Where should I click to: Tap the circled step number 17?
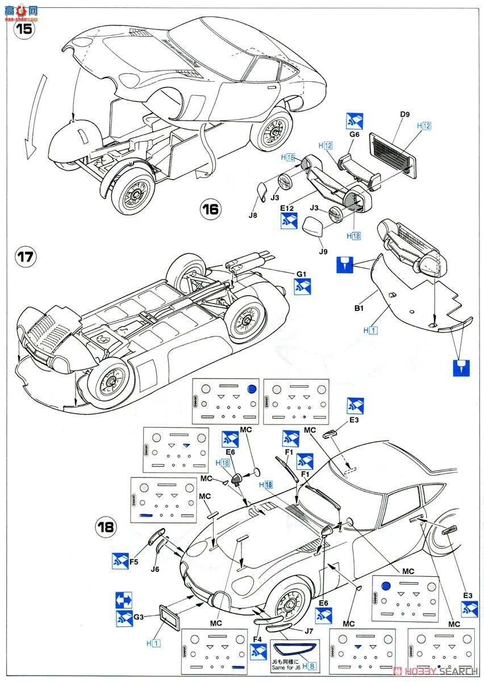pos(25,257)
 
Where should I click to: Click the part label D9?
pos(405,115)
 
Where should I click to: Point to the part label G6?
pos(354,135)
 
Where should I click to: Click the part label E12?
pos(287,209)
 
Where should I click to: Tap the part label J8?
pos(253,215)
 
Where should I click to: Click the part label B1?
pos(359,309)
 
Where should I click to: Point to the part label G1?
pos(301,275)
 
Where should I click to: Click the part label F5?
pos(134,562)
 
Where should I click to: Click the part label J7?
pos(308,630)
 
